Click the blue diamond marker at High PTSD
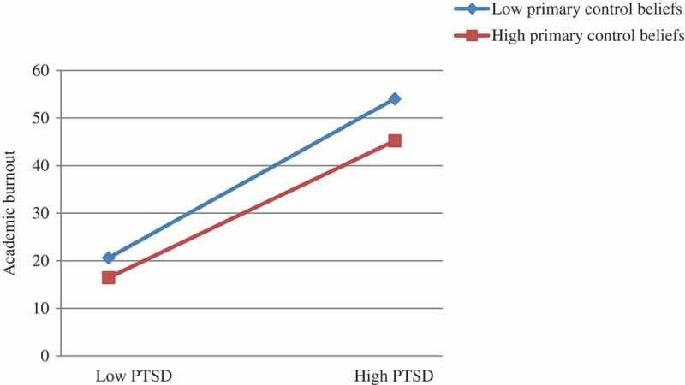pos(395,98)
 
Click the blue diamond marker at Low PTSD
pos(109,258)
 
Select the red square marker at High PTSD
pos(395,140)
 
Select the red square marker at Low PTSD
pos(109,277)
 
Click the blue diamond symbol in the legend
pos(472,10)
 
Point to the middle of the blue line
pos(252,178)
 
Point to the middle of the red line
pos(252,209)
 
